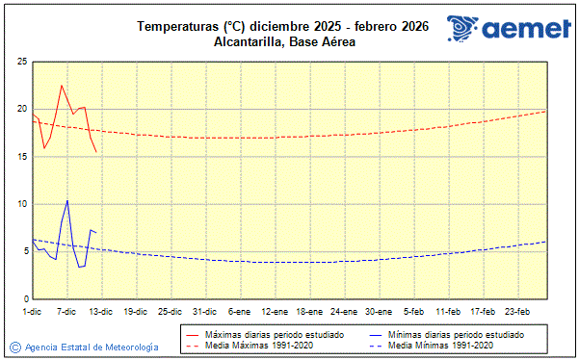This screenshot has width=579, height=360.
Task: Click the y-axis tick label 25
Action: (20, 62)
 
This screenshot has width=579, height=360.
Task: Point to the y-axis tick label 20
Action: (20, 109)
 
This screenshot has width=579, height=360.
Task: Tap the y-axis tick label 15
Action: (20, 157)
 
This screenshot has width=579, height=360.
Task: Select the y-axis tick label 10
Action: (20, 204)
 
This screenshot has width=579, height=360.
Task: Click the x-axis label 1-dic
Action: (33, 312)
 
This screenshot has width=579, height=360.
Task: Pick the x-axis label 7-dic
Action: (66, 312)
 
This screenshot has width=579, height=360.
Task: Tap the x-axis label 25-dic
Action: (171, 312)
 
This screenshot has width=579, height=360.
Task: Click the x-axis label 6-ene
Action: (240, 312)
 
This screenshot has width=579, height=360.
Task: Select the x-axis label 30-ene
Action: (379, 312)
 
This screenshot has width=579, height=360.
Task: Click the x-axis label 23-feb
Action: (517, 312)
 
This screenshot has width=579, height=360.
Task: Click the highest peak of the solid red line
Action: (62, 86)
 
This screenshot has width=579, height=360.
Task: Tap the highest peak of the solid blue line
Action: (67, 200)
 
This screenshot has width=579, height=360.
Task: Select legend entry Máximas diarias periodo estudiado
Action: (260, 334)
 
